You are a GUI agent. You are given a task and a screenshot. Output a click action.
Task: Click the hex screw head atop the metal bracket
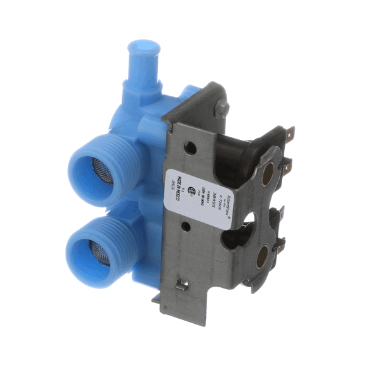click(x=220, y=108)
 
